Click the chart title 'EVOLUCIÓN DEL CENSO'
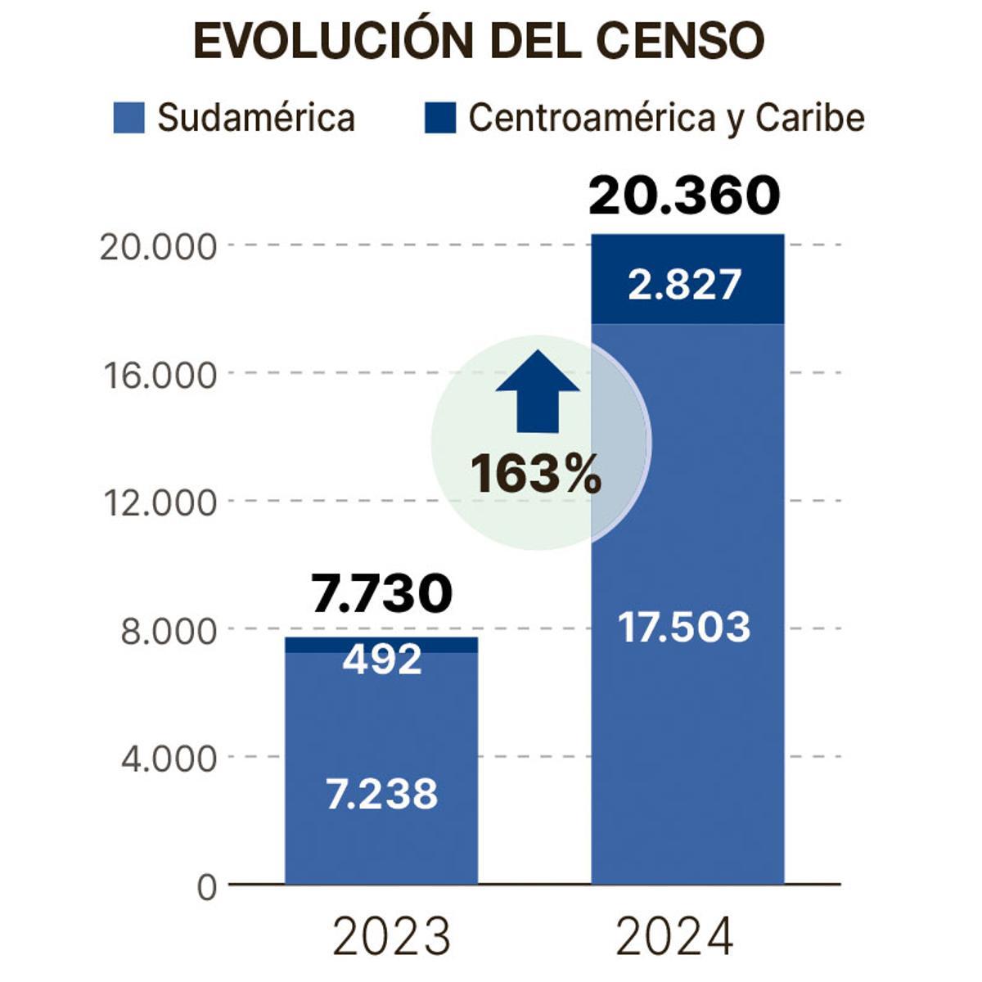click(479, 41)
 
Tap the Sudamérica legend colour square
click(129, 118)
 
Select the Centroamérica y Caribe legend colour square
click(439, 118)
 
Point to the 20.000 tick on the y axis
click(158, 246)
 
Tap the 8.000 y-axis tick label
click(169, 631)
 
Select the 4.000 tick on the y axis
click(169, 759)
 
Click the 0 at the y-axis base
click(206, 887)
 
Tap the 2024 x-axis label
click(674, 937)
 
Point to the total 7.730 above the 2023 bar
click(381, 593)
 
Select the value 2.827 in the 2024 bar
click(685, 285)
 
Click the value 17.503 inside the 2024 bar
click(684, 628)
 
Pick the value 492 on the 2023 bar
click(382, 659)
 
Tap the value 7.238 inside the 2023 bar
click(382, 794)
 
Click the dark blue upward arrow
click(538, 391)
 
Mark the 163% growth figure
click(536, 475)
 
